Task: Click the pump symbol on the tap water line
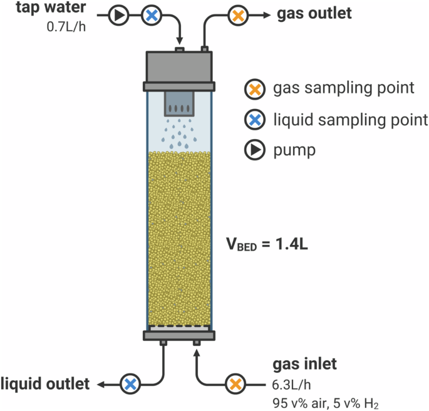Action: pyautogui.click(x=119, y=16)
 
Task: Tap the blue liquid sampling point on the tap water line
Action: pyautogui.click(x=150, y=16)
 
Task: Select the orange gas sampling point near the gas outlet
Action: pyautogui.click(x=237, y=16)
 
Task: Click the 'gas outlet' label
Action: pyautogui.click(x=315, y=14)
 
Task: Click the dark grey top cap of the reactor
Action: pyautogui.click(x=179, y=66)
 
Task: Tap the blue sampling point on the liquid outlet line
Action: pyautogui.click(x=130, y=383)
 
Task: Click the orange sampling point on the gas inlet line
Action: pyautogui.click(x=235, y=383)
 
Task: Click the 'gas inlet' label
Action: pyautogui.click(x=304, y=364)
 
